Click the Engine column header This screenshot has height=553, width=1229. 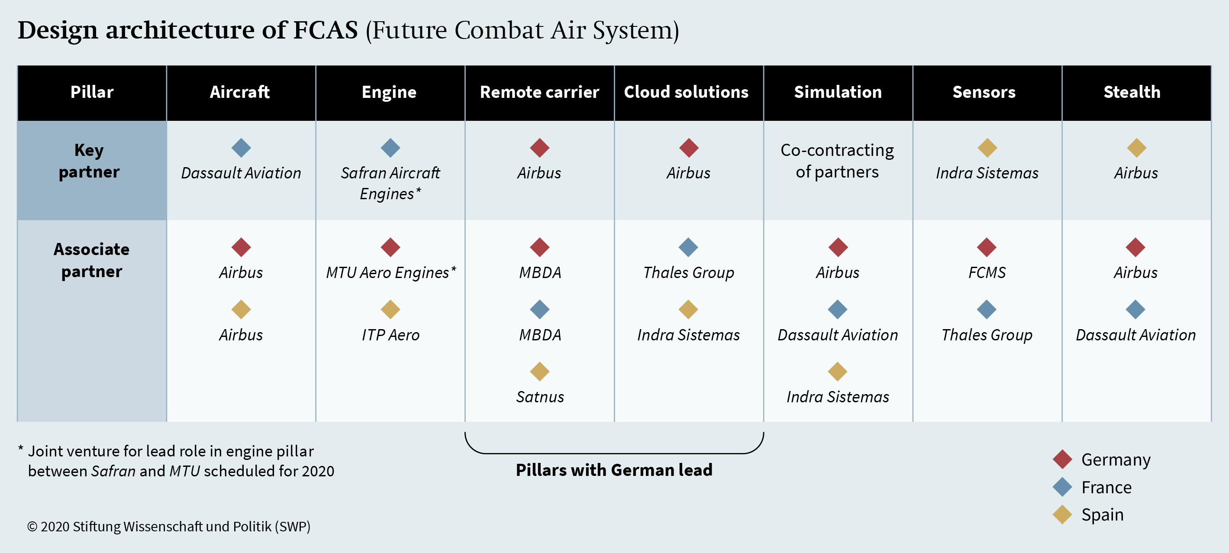click(x=389, y=92)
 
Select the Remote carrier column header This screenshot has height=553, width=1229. click(x=539, y=92)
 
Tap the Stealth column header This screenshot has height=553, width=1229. click(x=1132, y=92)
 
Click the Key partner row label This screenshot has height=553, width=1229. click(x=89, y=161)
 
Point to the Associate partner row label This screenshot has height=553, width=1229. click(x=92, y=260)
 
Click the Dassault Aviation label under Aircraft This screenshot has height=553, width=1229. click(x=241, y=173)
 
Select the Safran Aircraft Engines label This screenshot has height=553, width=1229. click(x=390, y=183)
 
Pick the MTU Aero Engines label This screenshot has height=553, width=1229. click(x=391, y=272)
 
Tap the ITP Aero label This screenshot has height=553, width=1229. click(x=390, y=335)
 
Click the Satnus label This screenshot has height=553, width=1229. click(x=539, y=397)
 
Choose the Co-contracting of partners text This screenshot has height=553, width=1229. click(x=837, y=161)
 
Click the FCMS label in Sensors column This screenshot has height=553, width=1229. click(x=987, y=272)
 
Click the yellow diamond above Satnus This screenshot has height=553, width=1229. click(x=539, y=371)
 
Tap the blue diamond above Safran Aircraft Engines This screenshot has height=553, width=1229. click(x=390, y=148)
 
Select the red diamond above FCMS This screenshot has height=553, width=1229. click(x=987, y=247)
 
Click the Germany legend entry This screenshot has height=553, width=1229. click(x=1102, y=459)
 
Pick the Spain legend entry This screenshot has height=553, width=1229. click(x=1088, y=515)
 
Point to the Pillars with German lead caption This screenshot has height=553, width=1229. click(x=614, y=470)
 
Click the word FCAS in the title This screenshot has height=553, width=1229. click(x=326, y=30)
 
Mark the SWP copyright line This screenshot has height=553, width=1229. click(x=168, y=526)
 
